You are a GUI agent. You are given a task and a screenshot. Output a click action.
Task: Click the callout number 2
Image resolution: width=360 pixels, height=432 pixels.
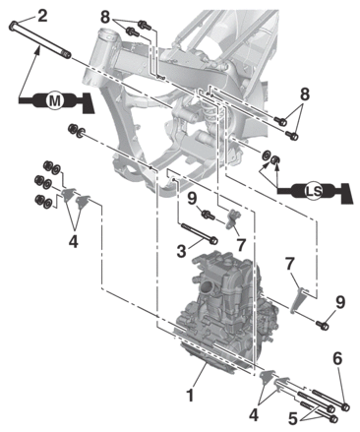(42, 17)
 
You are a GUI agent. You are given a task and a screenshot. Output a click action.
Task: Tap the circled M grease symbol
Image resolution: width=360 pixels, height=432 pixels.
(54, 101)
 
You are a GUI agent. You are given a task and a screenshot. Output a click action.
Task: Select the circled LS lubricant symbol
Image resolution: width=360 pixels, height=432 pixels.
(314, 192)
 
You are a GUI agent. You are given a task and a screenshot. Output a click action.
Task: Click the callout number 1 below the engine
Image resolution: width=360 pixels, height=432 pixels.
(190, 395)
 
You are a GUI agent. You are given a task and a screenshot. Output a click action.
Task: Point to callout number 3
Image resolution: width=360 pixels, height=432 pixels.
(181, 251)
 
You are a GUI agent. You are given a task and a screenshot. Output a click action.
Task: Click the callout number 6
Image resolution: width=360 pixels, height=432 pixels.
(337, 359)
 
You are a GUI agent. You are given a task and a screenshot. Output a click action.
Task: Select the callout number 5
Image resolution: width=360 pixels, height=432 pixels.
(293, 418)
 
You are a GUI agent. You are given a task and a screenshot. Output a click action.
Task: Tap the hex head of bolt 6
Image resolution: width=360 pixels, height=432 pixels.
(345, 407)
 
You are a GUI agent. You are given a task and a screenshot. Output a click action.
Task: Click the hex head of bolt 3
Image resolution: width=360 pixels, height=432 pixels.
(213, 241)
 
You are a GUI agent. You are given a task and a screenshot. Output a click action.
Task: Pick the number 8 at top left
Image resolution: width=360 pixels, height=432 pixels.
(105, 17)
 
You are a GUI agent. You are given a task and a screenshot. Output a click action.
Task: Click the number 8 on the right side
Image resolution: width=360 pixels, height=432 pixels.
(305, 94)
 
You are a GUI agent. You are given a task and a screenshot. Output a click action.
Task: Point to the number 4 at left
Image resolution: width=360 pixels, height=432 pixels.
(74, 242)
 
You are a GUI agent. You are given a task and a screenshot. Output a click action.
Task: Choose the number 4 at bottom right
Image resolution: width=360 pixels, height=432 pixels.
(254, 415)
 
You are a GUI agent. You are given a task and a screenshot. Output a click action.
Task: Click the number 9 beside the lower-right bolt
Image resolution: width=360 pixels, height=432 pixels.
(340, 302)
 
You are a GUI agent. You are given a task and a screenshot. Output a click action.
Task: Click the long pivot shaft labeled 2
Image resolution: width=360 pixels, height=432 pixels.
(40, 39)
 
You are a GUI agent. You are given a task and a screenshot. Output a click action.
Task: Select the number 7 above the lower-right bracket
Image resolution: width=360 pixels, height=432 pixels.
(289, 265)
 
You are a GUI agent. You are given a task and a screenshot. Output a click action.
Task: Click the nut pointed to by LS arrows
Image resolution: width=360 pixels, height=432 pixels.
(274, 159)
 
